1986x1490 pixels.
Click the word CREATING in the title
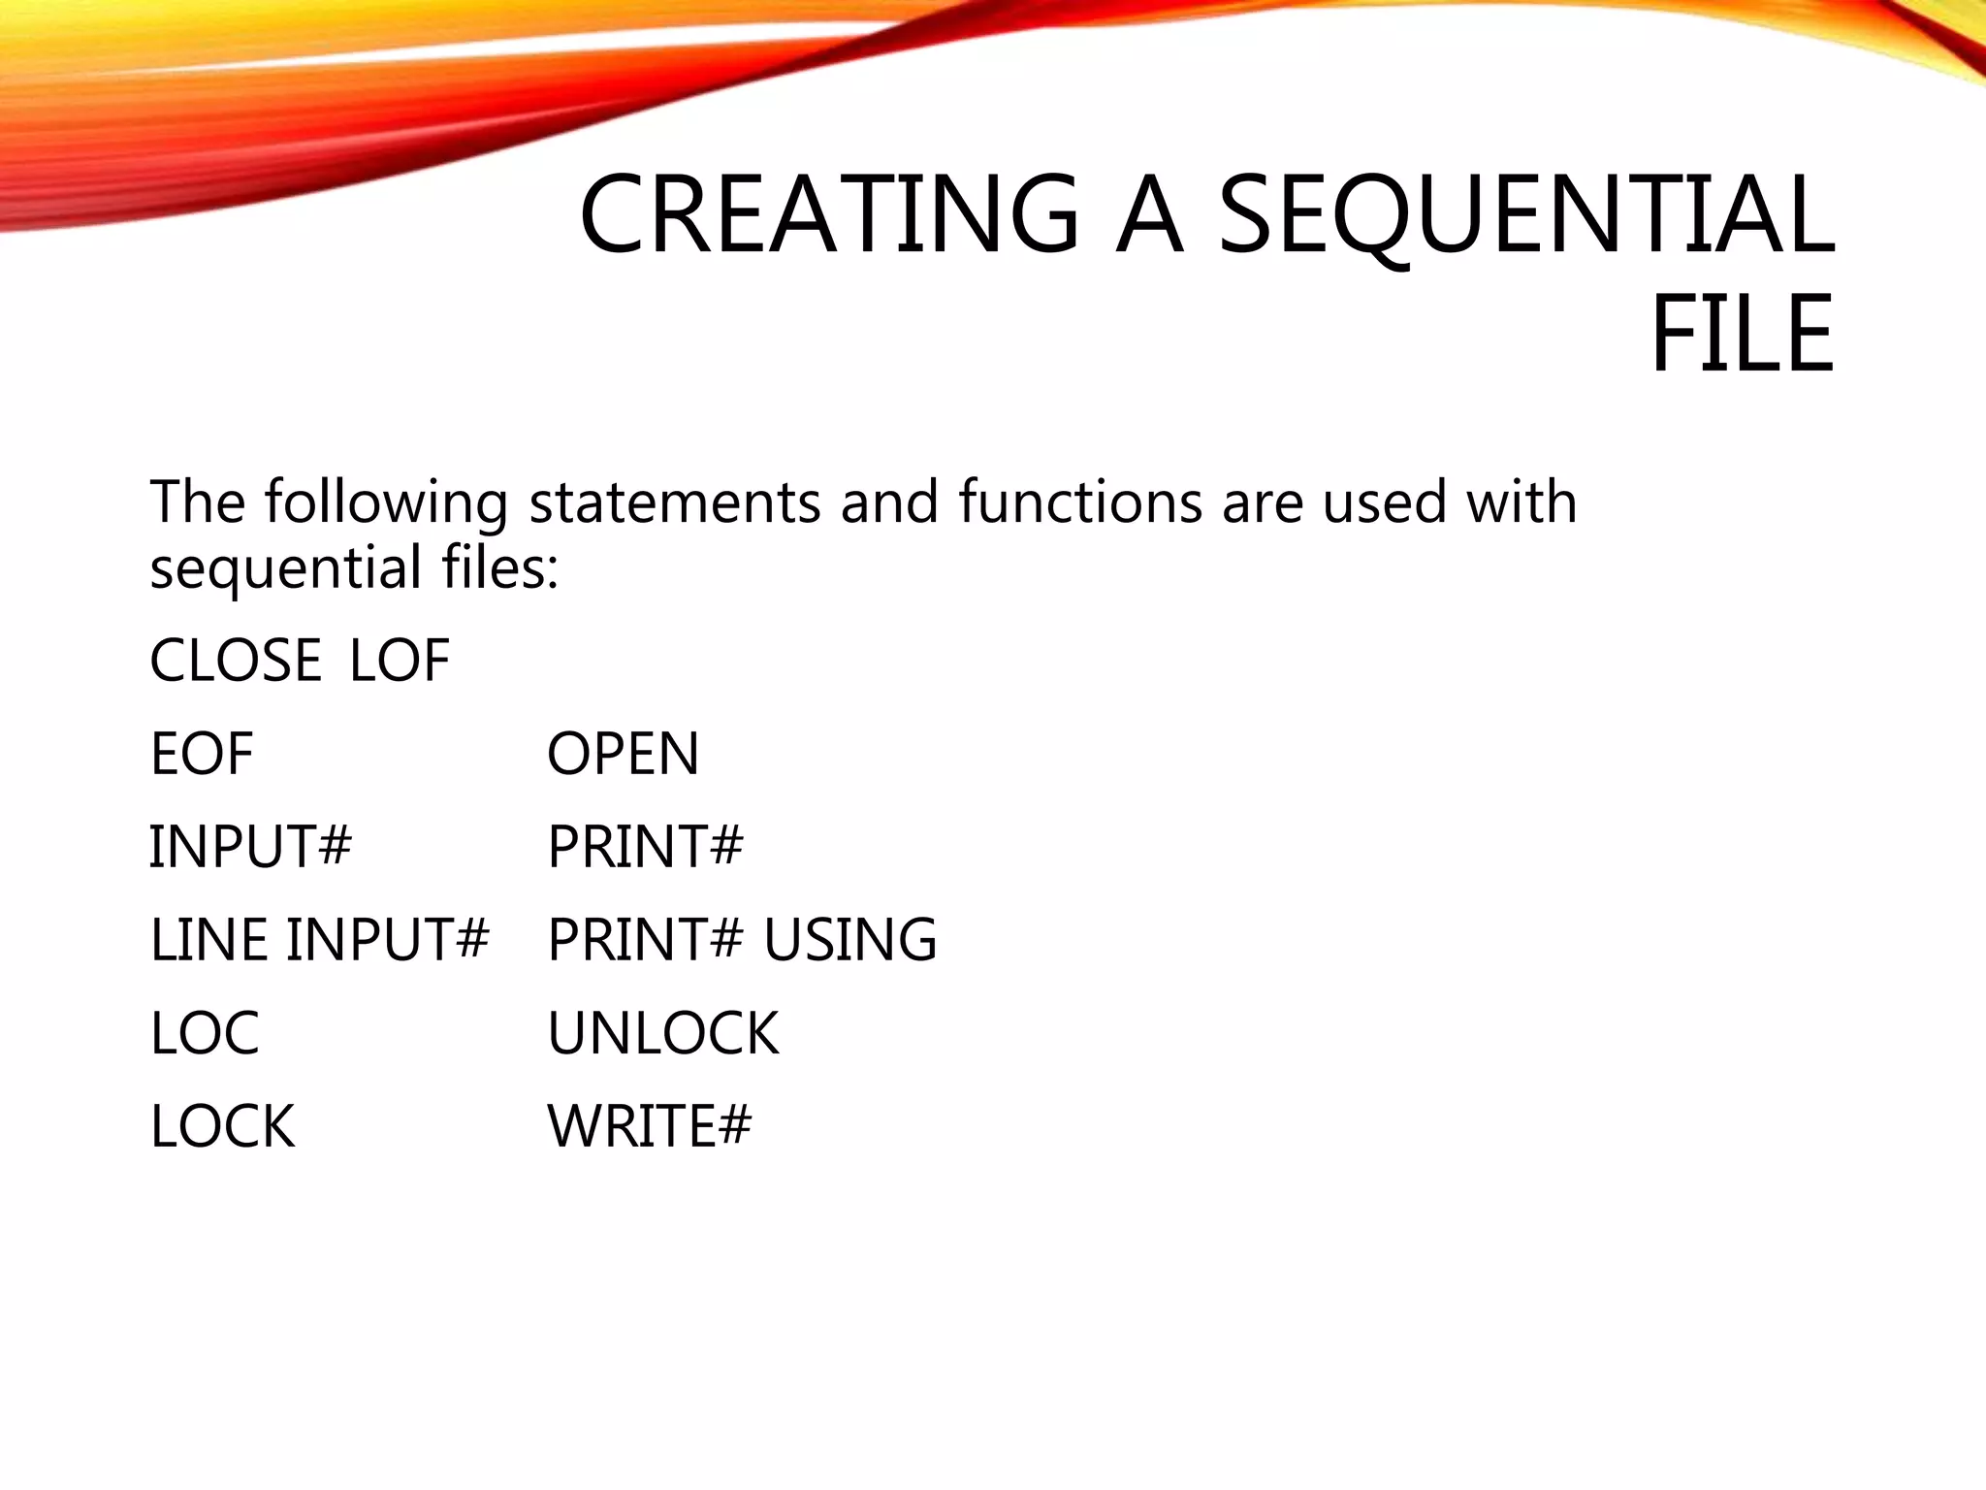point(829,214)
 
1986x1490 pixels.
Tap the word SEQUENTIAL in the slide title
point(1526,214)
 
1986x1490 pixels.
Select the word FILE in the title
point(1743,335)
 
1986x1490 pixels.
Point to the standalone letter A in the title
point(1149,214)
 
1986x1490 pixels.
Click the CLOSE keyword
point(236,661)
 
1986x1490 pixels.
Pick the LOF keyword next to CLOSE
point(400,661)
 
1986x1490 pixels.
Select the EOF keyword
point(202,754)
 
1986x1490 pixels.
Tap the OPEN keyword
point(623,754)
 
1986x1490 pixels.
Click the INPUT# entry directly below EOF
point(250,846)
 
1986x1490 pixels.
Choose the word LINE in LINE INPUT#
point(208,939)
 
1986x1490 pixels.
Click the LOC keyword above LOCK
point(205,1032)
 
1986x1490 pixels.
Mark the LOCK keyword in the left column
point(222,1126)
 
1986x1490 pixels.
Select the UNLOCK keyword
point(663,1032)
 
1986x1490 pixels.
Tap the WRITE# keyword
point(650,1126)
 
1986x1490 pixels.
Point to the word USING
point(850,939)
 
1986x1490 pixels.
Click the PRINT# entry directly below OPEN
point(646,846)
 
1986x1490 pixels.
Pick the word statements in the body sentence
point(675,502)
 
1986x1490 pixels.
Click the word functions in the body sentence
point(1081,502)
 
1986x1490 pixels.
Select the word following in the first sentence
point(386,504)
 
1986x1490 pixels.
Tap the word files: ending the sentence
point(500,567)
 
